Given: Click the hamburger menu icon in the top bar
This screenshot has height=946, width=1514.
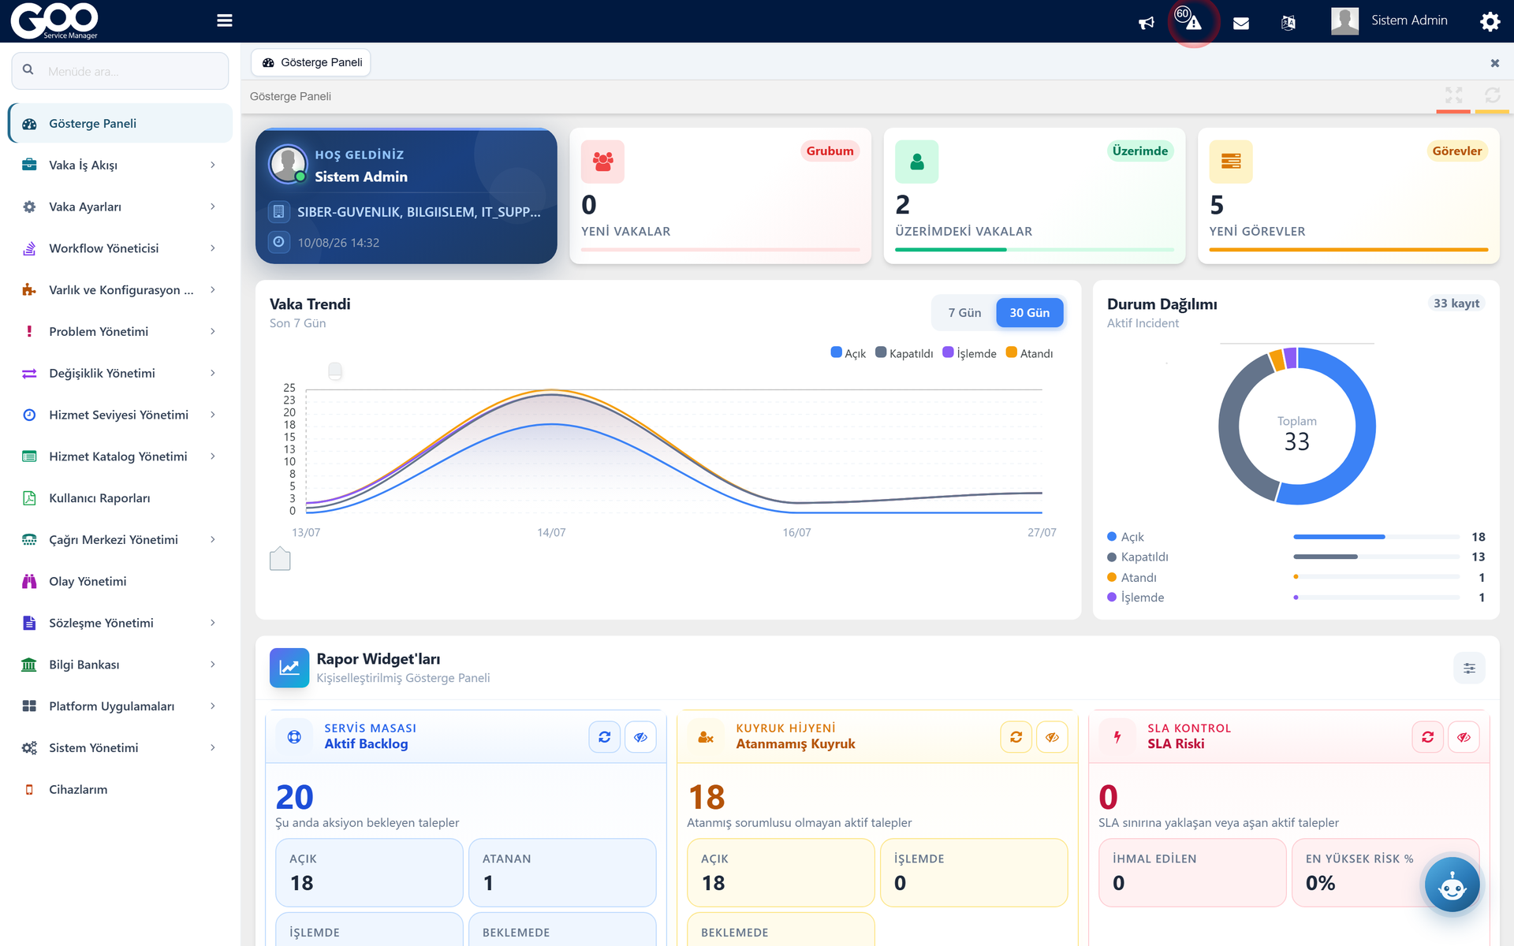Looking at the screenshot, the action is [225, 20].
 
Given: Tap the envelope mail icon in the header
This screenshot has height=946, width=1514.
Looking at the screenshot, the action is [1241, 23].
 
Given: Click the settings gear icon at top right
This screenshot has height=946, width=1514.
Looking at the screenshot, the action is [1490, 21].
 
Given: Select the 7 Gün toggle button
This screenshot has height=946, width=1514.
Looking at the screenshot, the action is [964, 313].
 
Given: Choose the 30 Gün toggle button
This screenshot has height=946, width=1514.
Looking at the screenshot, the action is [1030, 313].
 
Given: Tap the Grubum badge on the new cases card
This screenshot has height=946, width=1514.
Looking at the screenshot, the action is [830, 151].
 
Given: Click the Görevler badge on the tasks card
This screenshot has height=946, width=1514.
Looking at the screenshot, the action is [1457, 151].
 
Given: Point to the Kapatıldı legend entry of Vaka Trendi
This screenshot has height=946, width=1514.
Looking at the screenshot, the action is [904, 353].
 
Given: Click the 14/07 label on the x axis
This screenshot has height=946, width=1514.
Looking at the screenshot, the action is [551, 533].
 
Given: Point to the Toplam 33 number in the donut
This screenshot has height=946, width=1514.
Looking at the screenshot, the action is [1297, 441].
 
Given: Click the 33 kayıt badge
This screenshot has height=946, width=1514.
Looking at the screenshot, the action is [1456, 304].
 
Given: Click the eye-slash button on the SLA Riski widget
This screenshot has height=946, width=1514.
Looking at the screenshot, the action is [1464, 737].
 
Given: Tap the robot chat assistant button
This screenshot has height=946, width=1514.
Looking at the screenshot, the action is [1452, 885].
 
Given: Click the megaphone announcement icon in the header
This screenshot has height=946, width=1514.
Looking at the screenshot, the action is [1147, 23].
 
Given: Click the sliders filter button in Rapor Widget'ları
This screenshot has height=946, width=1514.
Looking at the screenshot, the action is [1470, 669].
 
